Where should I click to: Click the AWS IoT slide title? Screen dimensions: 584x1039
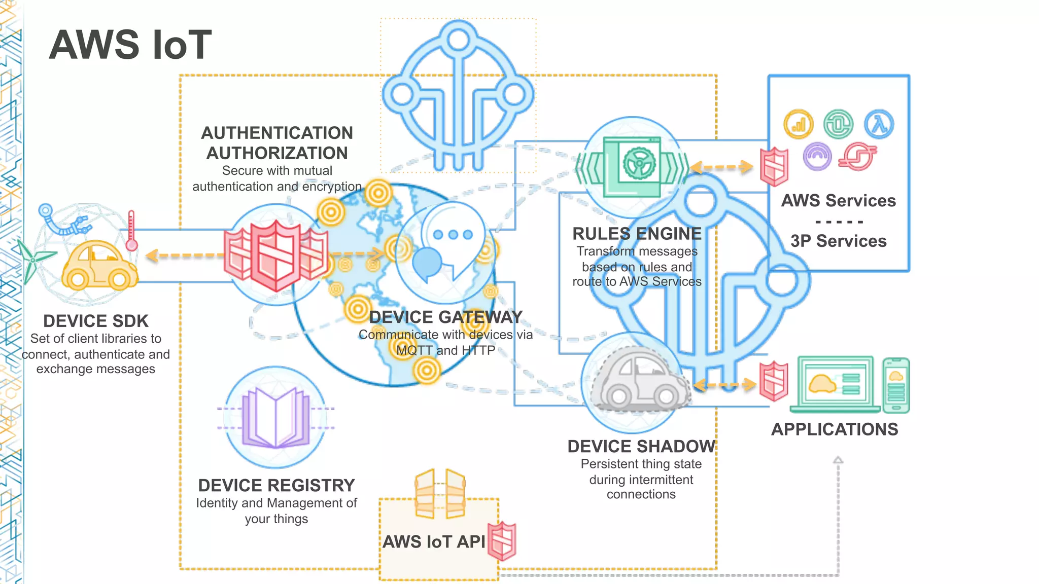click(x=130, y=45)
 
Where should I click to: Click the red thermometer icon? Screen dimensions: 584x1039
click(x=131, y=231)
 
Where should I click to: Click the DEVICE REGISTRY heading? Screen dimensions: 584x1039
click(x=276, y=485)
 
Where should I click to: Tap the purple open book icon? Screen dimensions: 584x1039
click(x=276, y=417)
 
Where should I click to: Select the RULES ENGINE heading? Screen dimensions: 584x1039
click(x=637, y=234)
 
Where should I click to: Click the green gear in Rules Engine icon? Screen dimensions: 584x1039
click(x=639, y=163)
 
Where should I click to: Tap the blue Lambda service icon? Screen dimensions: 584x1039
click(x=879, y=124)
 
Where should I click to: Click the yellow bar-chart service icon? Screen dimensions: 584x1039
click(x=798, y=124)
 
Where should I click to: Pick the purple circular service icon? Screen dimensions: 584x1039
click(x=817, y=156)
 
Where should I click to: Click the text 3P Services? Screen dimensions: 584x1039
click(x=838, y=241)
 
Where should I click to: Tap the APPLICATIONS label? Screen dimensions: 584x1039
click(x=835, y=429)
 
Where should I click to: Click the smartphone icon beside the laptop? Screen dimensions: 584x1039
click(x=895, y=385)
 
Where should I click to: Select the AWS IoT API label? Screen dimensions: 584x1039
click(x=434, y=541)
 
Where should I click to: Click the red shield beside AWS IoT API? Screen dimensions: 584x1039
click(x=502, y=541)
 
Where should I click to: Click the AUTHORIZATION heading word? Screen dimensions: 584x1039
click(x=277, y=153)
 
